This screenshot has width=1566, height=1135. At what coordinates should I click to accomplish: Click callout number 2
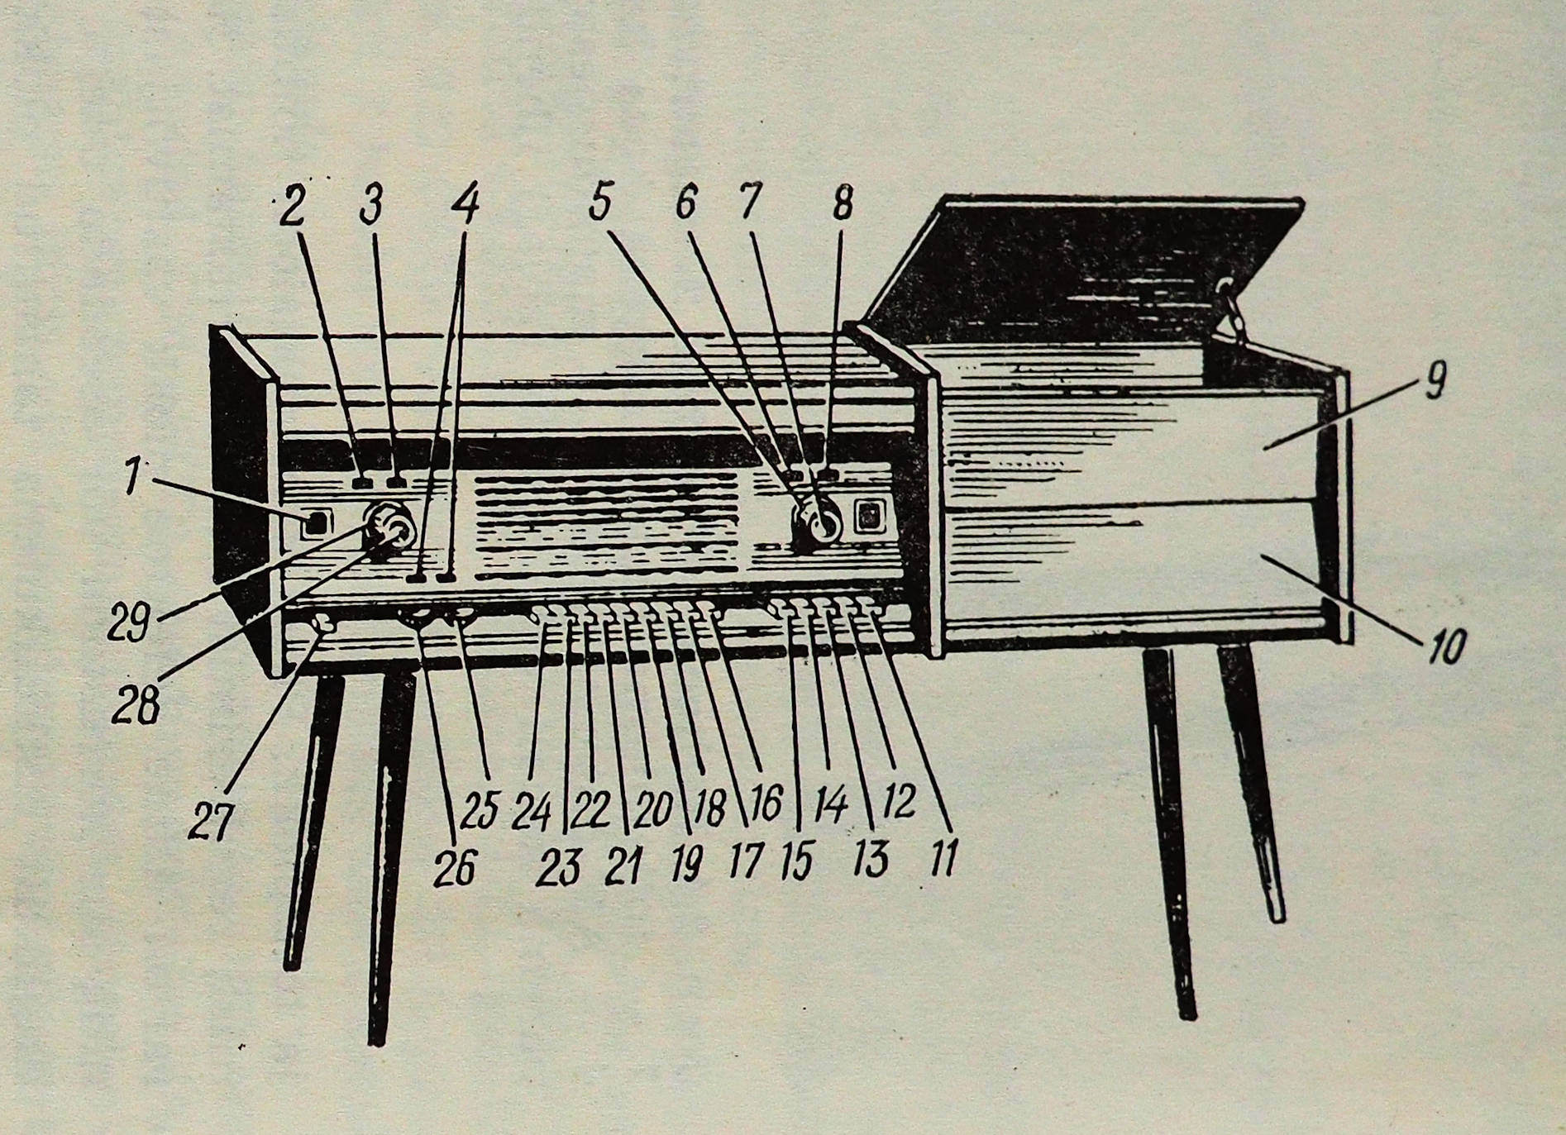290,207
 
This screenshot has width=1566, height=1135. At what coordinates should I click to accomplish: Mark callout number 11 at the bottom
942,857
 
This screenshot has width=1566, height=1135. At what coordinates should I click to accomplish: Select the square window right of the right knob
868,517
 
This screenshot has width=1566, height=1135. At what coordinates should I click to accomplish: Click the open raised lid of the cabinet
1083,265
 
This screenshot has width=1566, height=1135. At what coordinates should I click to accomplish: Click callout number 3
371,205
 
